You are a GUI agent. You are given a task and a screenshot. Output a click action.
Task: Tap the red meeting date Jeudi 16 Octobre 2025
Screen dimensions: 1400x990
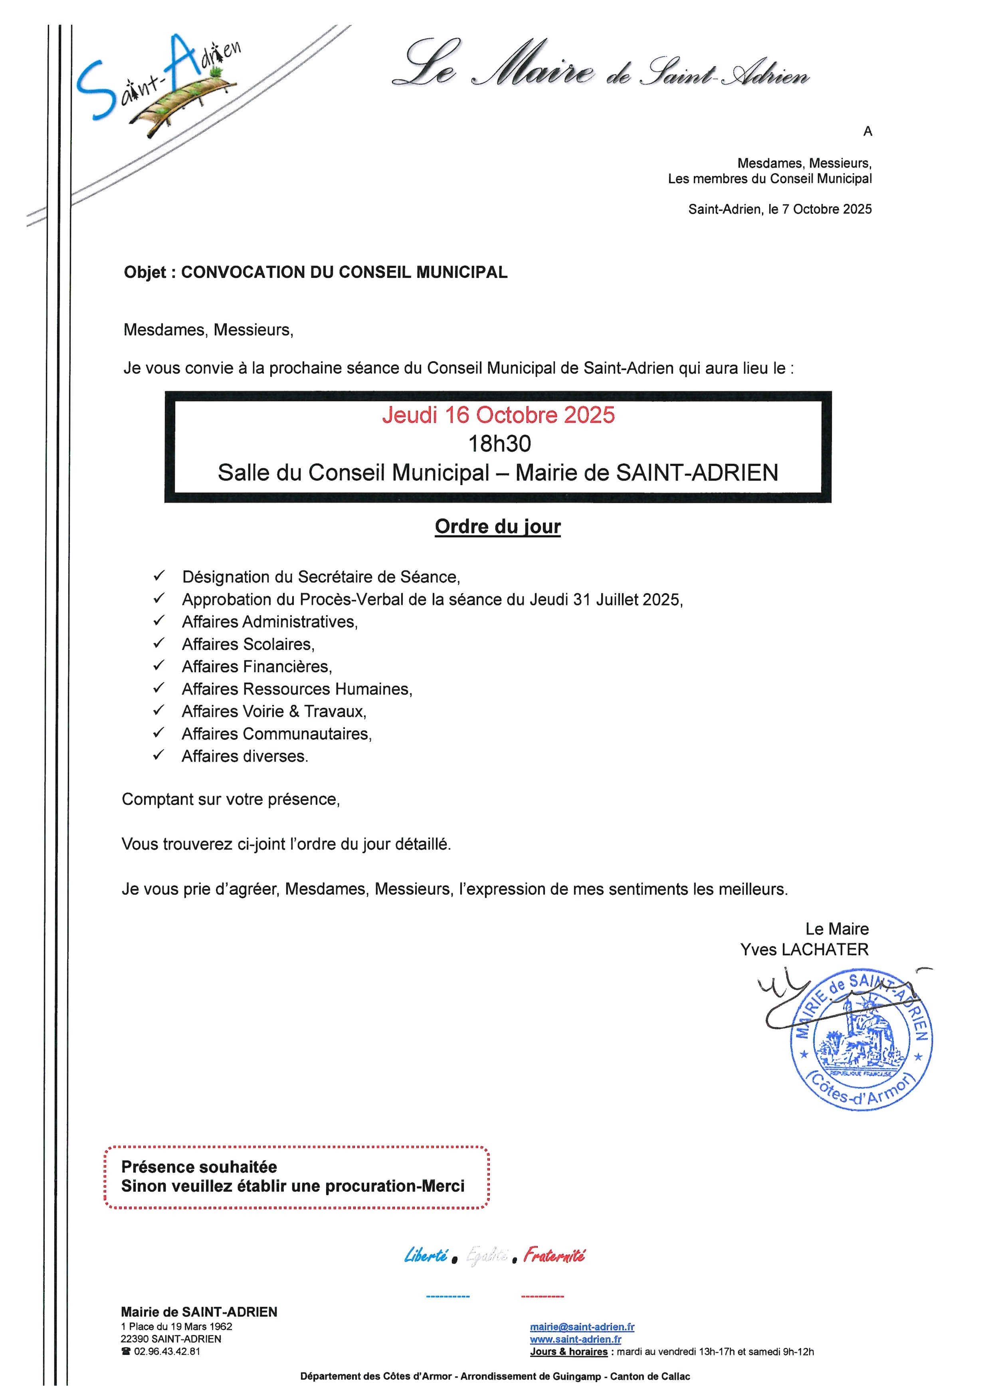click(x=498, y=415)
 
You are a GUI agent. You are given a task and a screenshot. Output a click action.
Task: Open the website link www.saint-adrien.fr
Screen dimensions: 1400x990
click(x=576, y=1339)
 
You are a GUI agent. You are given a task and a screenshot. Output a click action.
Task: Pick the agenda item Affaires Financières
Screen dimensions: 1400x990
click(x=257, y=666)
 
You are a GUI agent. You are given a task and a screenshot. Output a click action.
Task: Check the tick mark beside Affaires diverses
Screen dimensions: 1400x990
click(x=158, y=755)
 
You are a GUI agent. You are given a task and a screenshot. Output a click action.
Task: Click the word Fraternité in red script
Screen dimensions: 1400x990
click(x=554, y=1255)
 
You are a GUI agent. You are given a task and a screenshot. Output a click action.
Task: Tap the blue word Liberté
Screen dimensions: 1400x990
click(x=426, y=1255)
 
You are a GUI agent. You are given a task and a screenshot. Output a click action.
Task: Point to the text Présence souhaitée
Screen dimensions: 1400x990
click(x=199, y=1167)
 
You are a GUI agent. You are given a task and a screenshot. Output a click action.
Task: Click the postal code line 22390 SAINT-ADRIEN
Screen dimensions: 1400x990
click(x=171, y=1339)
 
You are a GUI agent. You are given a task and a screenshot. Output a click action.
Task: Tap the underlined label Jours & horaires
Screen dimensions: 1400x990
click(x=569, y=1352)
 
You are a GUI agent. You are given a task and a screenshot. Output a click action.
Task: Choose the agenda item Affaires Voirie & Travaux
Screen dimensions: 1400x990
click(x=274, y=712)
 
